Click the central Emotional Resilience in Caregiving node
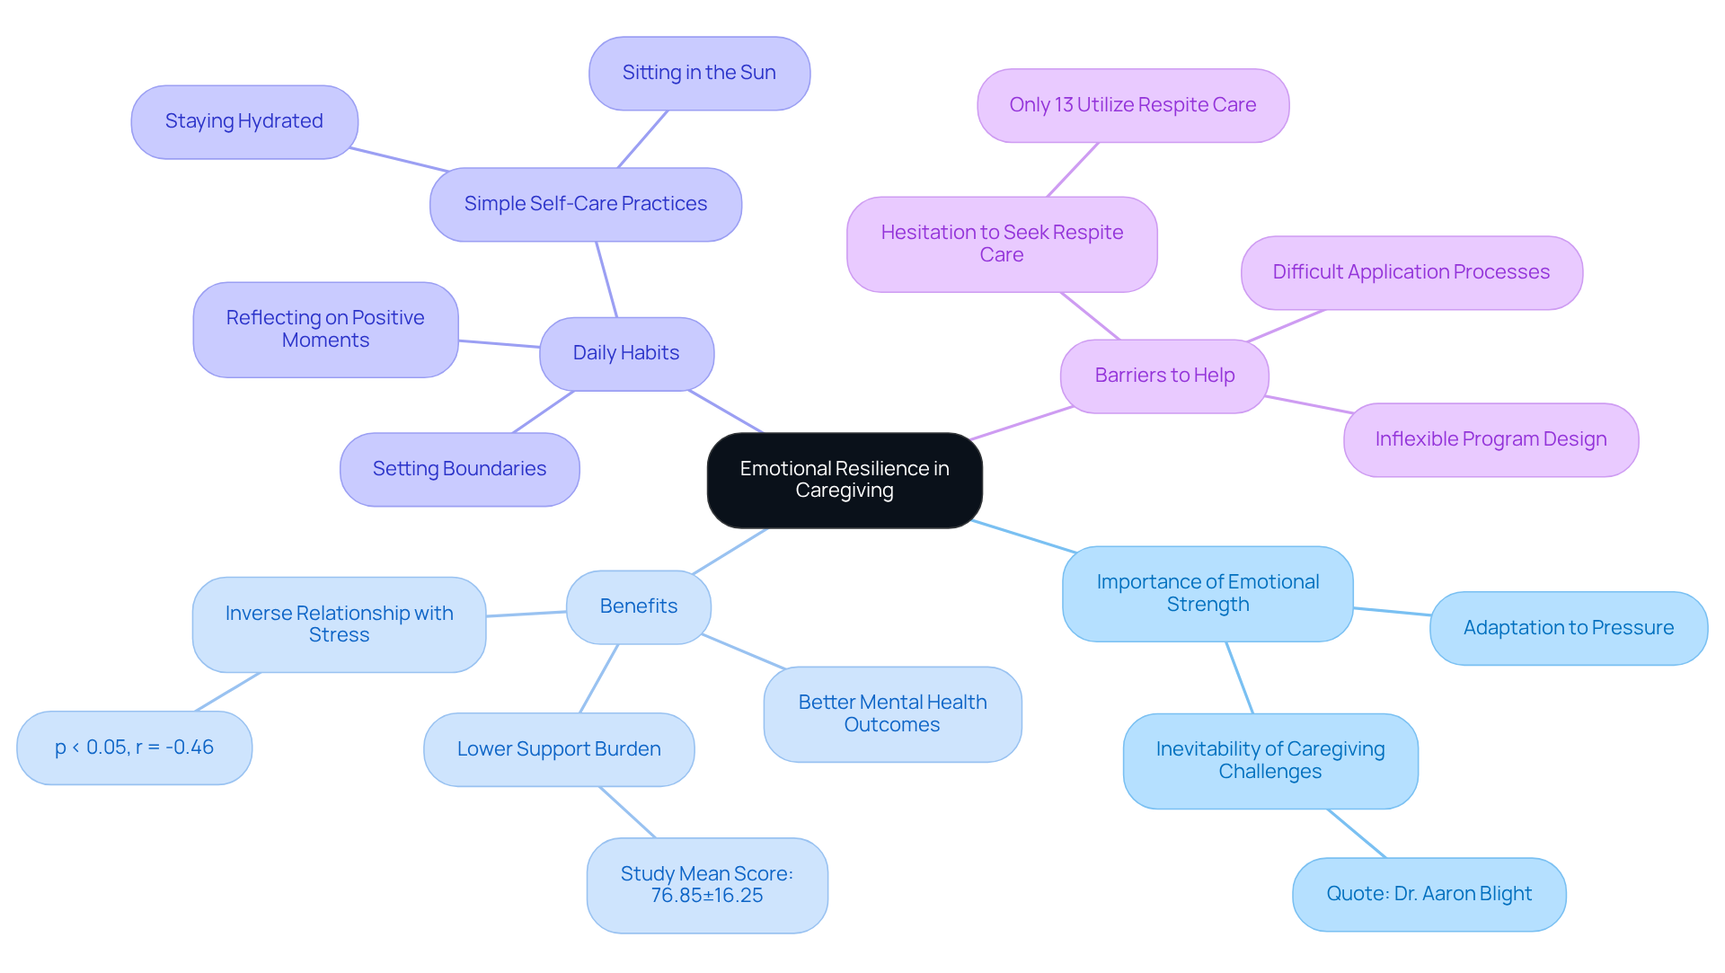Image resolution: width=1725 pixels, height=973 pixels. [845, 480]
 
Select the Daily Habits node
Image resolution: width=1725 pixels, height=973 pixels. [626, 353]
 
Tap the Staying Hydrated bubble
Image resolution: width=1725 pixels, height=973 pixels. [244, 121]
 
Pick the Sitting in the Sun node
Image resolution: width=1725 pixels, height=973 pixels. [699, 73]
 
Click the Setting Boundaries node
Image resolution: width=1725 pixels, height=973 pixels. [459, 469]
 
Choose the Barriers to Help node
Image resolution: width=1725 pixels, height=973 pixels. [1164, 376]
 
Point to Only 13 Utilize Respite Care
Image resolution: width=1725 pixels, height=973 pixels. [1132, 105]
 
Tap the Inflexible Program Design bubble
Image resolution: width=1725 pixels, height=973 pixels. [1491, 439]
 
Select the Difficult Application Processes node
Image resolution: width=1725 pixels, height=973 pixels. [1411, 272]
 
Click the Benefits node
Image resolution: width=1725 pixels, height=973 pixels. [638, 606]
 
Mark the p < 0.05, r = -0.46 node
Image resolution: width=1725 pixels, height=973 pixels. [134, 747]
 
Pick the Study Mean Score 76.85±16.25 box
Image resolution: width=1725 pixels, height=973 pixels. [707, 885]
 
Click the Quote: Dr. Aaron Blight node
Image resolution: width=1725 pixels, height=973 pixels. [1429, 894]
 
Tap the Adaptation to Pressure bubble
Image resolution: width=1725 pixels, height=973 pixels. [1568, 628]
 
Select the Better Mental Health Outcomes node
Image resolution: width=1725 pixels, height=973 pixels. [892, 713]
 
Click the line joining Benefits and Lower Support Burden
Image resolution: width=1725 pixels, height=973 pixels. [599, 678]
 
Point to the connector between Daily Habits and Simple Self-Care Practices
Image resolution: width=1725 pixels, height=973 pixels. [606, 279]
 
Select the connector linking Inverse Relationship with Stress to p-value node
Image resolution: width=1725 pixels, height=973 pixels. [227, 692]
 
